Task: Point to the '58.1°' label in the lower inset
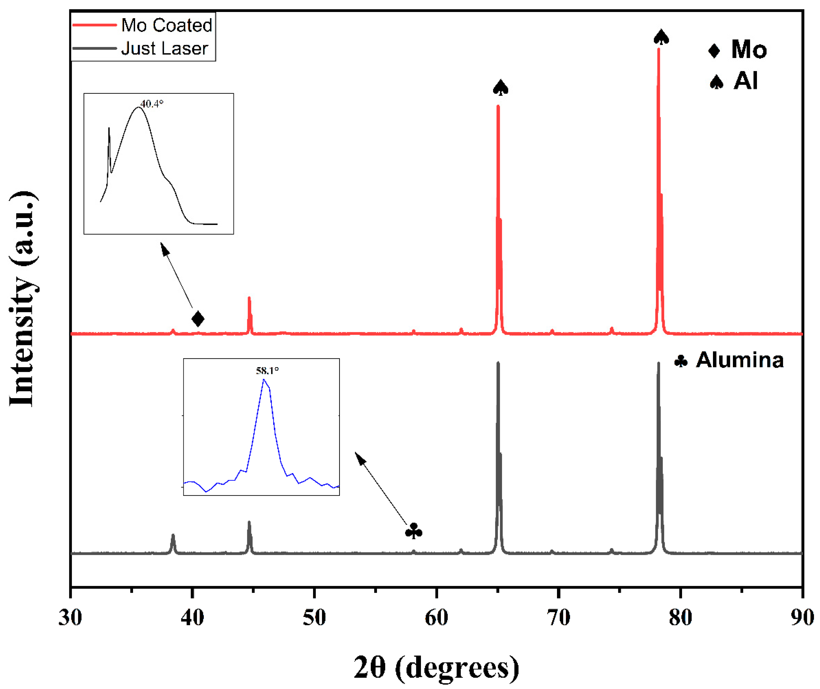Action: click(x=267, y=370)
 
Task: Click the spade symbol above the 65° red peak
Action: click(x=501, y=88)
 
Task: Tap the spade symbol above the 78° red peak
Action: click(x=661, y=38)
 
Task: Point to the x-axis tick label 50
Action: click(x=314, y=618)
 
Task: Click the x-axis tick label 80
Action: click(x=680, y=618)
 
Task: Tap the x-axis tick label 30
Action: click(x=70, y=618)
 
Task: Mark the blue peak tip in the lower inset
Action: click(x=264, y=379)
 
